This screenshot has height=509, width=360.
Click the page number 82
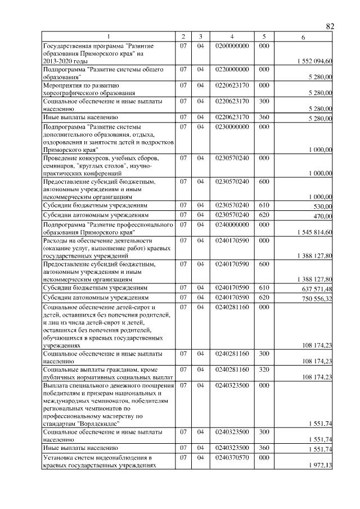(330, 26)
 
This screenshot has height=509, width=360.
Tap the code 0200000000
(231, 45)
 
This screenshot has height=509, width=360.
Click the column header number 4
(231, 37)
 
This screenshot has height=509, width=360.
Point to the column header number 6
(303, 37)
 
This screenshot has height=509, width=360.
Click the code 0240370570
(231, 458)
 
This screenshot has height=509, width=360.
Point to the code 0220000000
(231, 69)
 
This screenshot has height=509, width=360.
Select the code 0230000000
(231, 127)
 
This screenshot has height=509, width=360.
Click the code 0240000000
(231, 224)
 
